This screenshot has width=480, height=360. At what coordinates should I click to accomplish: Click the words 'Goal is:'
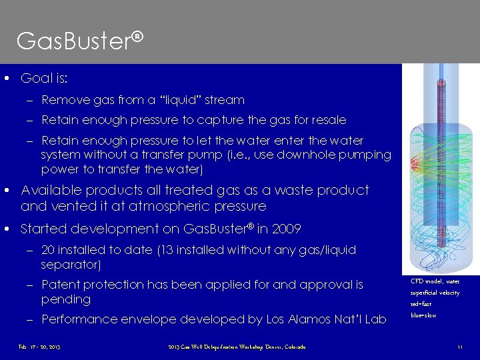(x=44, y=79)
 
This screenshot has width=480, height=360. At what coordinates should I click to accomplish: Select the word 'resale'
(x=329, y=120)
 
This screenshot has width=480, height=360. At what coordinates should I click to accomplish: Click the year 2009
(x=287, y=229)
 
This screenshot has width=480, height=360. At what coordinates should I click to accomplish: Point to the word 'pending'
(x=65, y=299)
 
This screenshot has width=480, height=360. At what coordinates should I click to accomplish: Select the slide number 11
(x=459, y=347)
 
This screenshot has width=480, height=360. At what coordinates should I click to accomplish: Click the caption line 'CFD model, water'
(x=435, y=281)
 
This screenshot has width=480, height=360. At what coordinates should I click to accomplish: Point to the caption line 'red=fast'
(x=423, y=303)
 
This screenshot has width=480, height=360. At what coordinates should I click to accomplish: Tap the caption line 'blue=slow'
(x=424, y=315)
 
